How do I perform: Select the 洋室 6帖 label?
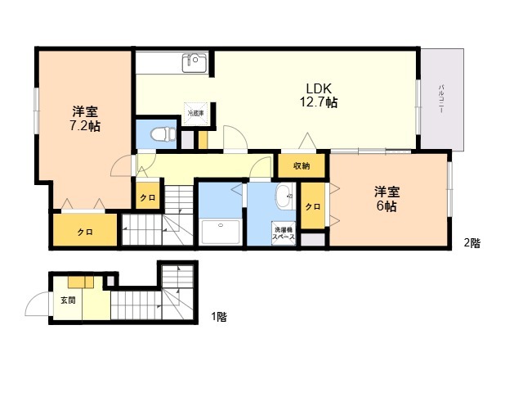(x=387, y=199)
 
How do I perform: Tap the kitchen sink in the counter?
(x=195, y=62)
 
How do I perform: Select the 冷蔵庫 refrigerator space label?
(x=196, y=113)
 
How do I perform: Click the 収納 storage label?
(x=301, y=166)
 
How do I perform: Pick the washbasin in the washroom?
(x=284, y=196)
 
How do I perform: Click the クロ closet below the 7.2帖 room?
(x=85, y=232)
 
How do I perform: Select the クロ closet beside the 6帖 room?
(x=312, y=206)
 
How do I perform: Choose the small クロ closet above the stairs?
(x=147, y=197)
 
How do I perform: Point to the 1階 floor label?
(x=219, y=316)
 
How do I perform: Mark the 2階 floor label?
(x=472, y=242)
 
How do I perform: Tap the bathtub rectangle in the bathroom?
(x=219, y=233)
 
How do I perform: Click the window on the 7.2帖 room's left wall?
(x=36, y=111)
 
